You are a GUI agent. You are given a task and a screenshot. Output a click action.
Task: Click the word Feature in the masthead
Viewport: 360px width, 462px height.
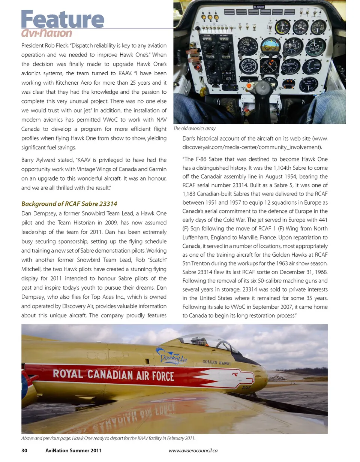coord(63,19)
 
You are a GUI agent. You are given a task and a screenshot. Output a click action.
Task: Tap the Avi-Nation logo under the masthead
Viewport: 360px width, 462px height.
coord(47,33)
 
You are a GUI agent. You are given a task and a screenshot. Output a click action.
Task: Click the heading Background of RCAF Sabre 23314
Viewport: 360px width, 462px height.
coord(69,203)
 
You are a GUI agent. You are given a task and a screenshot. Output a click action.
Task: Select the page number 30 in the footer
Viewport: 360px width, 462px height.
coord(24,450)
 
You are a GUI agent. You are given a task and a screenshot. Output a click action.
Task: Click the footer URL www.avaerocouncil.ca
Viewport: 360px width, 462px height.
coord(193,450)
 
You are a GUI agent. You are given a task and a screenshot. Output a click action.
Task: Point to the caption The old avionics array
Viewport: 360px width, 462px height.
coord(194,128)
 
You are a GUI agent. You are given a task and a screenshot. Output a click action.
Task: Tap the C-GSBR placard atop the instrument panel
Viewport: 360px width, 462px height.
coord(259,7)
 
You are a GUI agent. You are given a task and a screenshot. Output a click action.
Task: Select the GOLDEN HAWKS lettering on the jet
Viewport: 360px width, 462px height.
coord(217,362)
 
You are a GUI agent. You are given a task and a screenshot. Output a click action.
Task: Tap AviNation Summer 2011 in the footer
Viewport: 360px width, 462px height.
coord(73,450)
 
